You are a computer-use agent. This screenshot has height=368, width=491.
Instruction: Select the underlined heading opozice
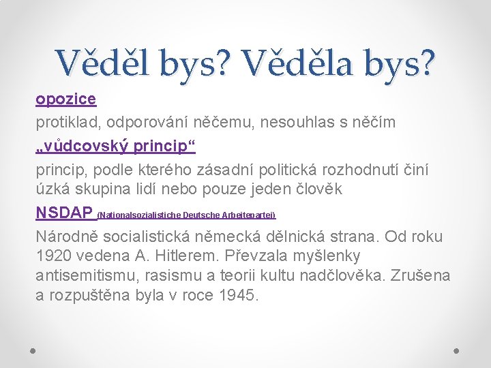pos(66,99)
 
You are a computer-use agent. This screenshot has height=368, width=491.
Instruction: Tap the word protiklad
pos(66,123)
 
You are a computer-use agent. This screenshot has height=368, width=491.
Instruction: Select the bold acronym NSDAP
pos(65,213)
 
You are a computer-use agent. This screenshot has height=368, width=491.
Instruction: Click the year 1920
pos(55,256)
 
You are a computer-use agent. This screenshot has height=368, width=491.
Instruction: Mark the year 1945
pos(235,295)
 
